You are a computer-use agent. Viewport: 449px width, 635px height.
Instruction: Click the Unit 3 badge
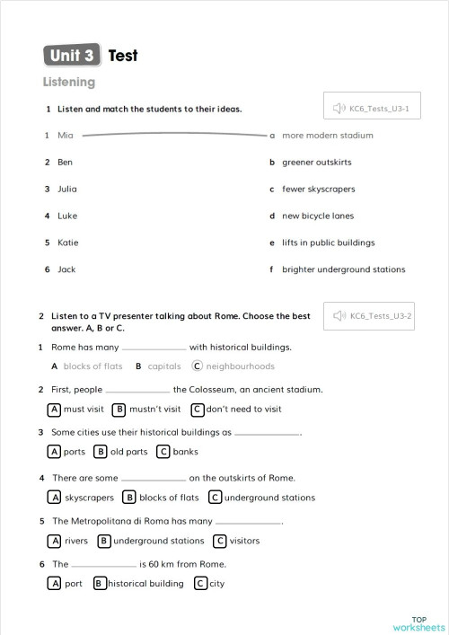click(72, 56)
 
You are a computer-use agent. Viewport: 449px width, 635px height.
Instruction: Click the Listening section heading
click(69, 83)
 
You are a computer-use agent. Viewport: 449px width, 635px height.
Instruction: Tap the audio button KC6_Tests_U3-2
click(371, 316)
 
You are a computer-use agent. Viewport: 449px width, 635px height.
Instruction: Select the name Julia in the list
click(67, 190)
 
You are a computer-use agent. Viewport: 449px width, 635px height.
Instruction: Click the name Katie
click(68, 243)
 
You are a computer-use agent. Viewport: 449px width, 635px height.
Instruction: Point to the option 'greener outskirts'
click(316, 163)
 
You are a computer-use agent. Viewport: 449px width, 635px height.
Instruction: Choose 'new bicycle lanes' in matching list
click(318, 216)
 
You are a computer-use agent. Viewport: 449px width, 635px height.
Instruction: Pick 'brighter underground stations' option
click(343, 269)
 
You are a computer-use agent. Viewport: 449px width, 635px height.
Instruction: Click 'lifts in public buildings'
click(328, 243)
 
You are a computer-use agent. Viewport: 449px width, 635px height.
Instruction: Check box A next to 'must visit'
click(55, 410)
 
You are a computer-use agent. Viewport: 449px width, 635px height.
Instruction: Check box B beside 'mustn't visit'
click(119, 410)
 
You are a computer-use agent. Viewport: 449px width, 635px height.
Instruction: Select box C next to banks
click(163, 452)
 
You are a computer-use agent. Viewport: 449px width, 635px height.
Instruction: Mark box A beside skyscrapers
click(55, 498)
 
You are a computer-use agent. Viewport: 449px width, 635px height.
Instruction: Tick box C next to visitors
click(220, 541)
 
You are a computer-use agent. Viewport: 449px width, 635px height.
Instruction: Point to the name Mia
click(65, 136)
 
